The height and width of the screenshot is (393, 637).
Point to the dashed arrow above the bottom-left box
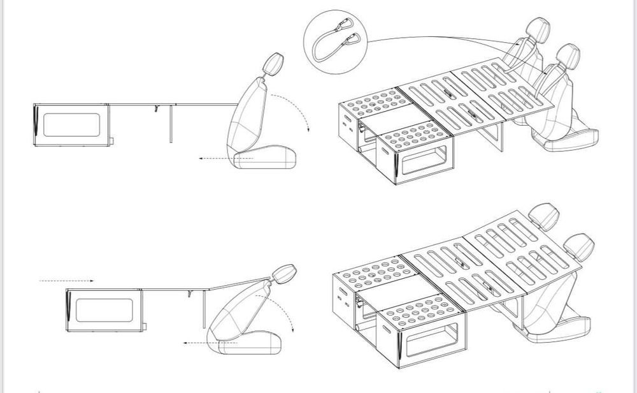[x=66, y=280]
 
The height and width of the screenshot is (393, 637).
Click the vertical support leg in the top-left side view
[x=170, y=124]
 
